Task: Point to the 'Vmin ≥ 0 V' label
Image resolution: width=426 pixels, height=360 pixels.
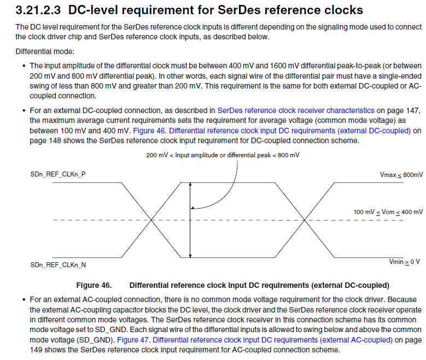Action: click(404, 262)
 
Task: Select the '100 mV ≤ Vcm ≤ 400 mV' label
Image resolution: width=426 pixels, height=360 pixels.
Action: click(388, 211)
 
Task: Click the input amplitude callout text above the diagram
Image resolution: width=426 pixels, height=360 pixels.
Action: click(223, 155)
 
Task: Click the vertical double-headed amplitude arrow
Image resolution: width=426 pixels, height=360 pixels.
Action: click(190, 219)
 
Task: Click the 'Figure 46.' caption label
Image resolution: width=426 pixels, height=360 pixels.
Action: click(94, 285)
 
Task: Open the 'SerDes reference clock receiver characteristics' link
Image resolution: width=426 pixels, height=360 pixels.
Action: click(296, 110)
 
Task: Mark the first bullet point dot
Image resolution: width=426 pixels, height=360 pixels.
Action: click(24, 66)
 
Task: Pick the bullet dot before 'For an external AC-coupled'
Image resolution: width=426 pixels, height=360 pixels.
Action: click(24, 300)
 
